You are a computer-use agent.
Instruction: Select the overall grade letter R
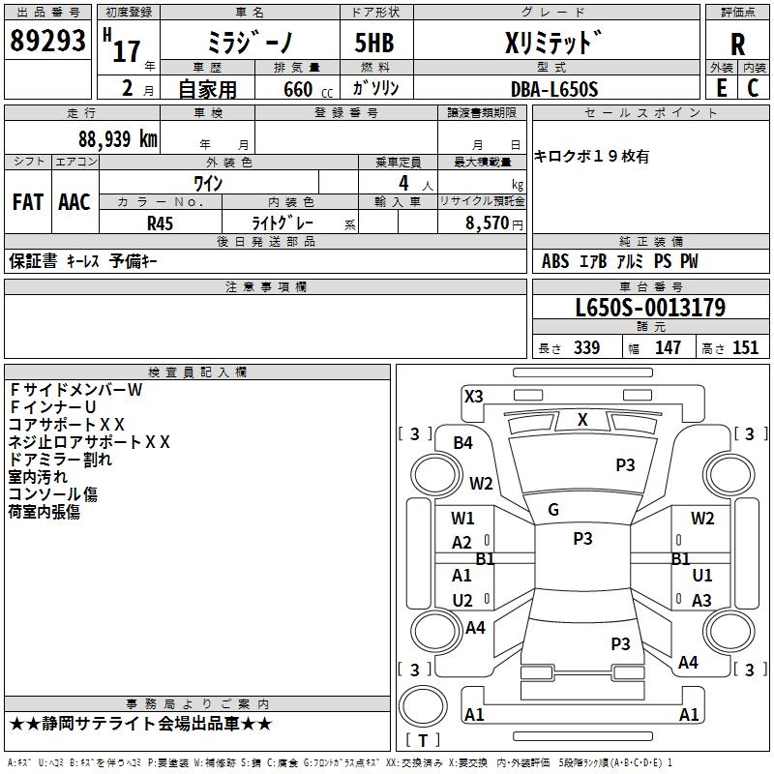[738, 44]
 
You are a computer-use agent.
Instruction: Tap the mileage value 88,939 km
[118, 138]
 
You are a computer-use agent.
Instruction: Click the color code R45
[160, 222]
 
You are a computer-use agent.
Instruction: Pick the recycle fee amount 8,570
[480, 222]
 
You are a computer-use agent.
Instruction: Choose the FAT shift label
[27, 202]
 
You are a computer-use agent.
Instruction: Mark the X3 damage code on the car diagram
[473, 396]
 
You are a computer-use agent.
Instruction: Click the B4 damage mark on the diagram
[463, 442]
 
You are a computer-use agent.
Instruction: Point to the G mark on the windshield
[553, 510]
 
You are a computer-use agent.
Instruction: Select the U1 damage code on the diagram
[702, 575]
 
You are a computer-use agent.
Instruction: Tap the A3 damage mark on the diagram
[701, 601]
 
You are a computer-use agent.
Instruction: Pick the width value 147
[668, 347]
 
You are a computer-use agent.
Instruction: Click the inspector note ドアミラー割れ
[60, 460]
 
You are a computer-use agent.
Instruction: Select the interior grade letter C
[753, 88]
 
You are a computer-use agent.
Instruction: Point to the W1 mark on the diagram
[462, 519]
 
